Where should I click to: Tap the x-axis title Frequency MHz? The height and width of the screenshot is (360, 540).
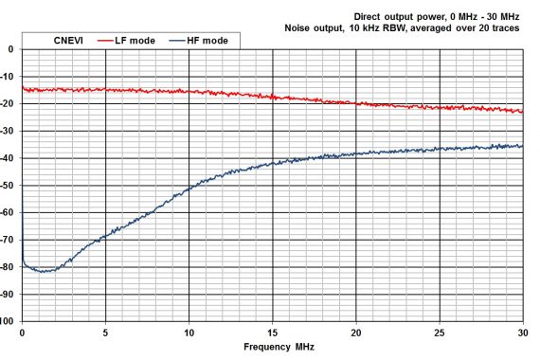point(272,347)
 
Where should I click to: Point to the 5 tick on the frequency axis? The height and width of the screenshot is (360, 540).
point(105,333)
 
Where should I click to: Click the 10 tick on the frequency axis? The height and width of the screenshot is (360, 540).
point(189,333)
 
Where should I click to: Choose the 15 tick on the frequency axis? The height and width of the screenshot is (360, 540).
point(272,333)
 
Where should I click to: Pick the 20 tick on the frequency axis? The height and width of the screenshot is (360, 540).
point(355,333)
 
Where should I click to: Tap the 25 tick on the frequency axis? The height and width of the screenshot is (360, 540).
point(439,333)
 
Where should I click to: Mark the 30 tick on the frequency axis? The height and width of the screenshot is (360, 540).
point(522,333)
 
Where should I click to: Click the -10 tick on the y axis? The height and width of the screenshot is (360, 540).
point(9,77)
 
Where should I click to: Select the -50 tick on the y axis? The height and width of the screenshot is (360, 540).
point(9,186)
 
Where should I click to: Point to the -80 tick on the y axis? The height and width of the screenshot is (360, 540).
point(9,267)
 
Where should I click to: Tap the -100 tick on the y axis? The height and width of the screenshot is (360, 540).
point(9,321)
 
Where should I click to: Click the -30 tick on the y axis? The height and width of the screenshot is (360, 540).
point(9,131)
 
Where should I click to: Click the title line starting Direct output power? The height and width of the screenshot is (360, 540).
point(437,16)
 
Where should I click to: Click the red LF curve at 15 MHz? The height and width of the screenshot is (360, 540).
point(273,97)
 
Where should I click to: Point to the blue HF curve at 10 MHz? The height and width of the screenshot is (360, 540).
point(189,189)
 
